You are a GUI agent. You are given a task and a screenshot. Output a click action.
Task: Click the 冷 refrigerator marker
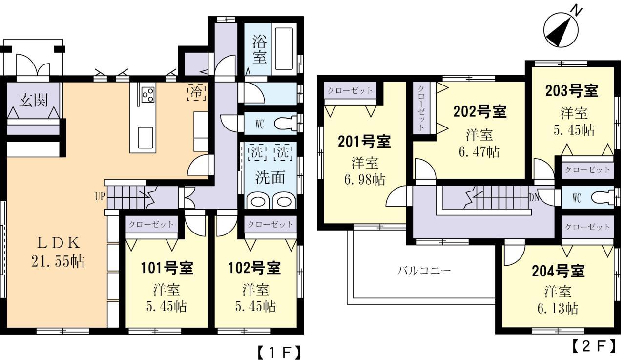(196, 91)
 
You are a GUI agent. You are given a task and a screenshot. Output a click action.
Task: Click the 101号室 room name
(167, 268)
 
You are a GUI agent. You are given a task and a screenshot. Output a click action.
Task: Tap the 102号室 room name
(254, 268)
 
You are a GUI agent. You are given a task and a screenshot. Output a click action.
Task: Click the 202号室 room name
(479, 111)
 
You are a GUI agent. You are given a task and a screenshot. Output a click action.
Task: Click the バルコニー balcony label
(423, 270)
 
